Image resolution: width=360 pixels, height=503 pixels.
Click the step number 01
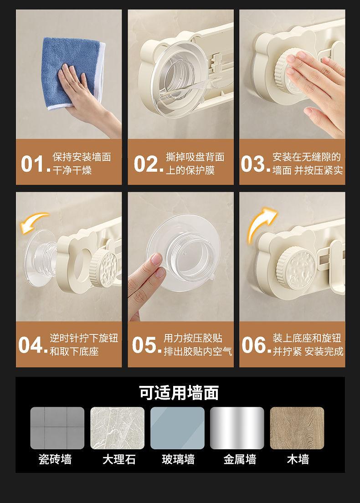(x=35, y=164)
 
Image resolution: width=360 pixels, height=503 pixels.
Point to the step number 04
(x=33, y=345)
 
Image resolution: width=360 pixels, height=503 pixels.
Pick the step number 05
(x=146, y=345)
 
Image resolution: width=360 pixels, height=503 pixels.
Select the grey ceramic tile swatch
(x=57, y=428)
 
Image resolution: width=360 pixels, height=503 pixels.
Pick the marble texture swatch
(x=117, y=428)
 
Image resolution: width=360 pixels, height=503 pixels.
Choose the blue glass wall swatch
(x=177, y=428)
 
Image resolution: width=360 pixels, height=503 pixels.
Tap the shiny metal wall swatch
(x=237, y=428)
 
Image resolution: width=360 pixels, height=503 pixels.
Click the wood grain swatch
(x=297, y=428)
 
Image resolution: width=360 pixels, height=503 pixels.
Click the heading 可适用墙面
(x=179, y=392)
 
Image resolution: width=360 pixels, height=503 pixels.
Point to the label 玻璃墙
(x=178, y=459)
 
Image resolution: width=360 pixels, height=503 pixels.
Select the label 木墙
(x=298, y=459)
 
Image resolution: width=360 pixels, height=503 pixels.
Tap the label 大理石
(x=119, y=459)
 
